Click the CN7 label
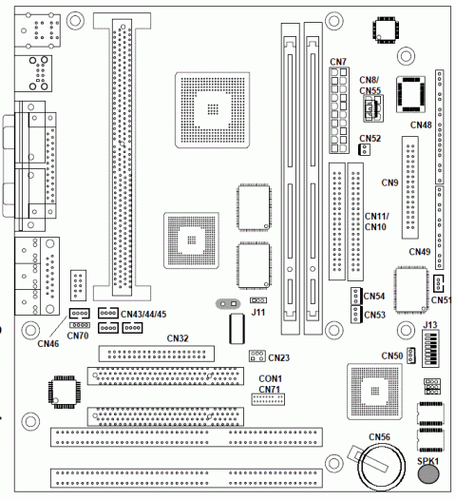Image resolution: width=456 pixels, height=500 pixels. pos(338,62)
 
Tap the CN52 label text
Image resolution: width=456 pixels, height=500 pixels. pos(370,139)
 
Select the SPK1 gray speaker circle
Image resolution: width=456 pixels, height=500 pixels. pos(428,473)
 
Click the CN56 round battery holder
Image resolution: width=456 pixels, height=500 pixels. pos(382,467)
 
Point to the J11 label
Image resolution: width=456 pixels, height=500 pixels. pos(258,312)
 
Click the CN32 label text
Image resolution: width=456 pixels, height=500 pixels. pos(178,338)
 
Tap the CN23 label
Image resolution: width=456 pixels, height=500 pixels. pos(279,357)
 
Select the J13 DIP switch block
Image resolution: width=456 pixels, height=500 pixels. pos(430,349)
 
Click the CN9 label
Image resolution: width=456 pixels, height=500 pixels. pos(390,183)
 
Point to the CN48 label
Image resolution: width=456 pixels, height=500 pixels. pos(421,125)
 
